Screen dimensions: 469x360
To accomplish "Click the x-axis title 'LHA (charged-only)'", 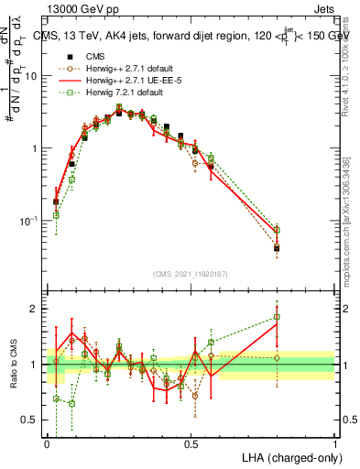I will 287,455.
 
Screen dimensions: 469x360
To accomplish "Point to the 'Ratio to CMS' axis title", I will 15,365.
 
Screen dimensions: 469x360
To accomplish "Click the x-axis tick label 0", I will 47,442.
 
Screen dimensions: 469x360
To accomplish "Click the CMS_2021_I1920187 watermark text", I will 191,274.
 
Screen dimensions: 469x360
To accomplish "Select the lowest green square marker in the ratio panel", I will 71,403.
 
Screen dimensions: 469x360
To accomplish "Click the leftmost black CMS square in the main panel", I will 56,202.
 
